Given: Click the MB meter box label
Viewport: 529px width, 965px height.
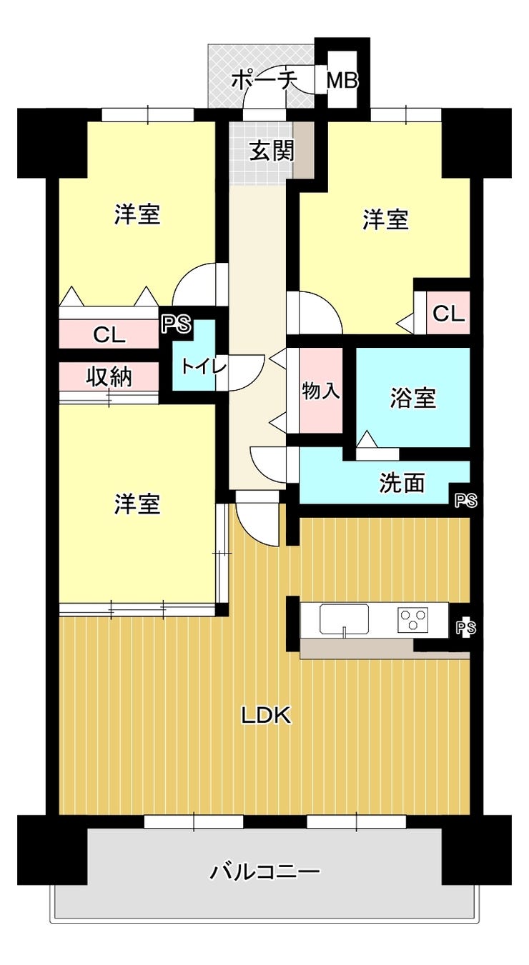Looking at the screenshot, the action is point(342,81).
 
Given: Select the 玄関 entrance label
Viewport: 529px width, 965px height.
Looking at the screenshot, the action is point(272,151).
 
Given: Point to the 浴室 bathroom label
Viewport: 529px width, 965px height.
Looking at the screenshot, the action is point(412,397).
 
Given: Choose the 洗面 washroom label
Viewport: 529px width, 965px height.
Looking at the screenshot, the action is point(402,483).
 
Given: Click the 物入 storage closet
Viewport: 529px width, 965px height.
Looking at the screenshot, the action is point(321,390).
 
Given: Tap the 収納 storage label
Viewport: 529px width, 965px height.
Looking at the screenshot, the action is point(109,377).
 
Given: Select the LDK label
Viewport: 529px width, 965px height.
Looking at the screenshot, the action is point(266,716).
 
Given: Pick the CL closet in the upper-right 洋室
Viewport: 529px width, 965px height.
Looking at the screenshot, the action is point(448,313).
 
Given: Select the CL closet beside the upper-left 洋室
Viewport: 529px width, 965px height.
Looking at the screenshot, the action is point(109,334).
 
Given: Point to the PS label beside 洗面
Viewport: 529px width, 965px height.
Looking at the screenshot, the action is point(466,501).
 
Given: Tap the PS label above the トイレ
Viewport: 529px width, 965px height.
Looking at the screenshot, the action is point(177,324).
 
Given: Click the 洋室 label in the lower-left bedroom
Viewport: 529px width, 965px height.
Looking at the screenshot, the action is point(137,504).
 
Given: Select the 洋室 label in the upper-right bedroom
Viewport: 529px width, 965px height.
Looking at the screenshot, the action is point(385,220).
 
